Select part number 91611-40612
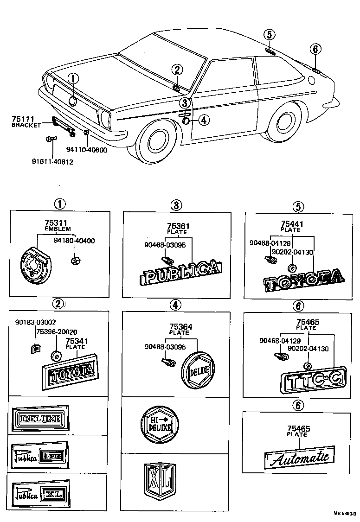tap(52, 162)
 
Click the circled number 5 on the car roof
tap(270, 34)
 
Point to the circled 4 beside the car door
tap(202, 120)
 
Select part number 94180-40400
tap(74, 241)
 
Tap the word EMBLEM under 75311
tap(58, 229)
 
